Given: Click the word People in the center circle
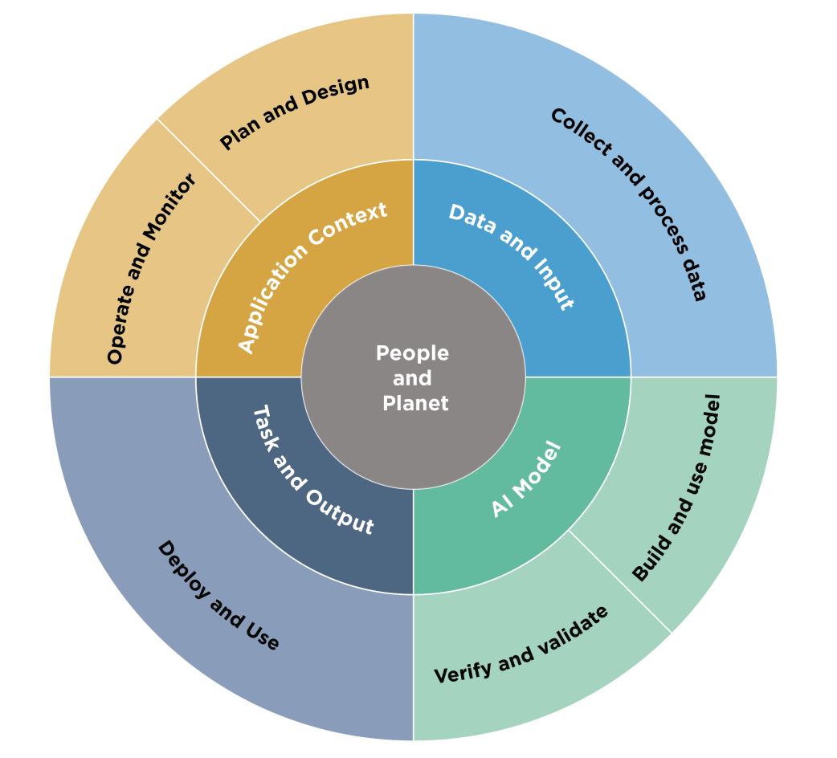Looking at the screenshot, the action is [x=412, y=353].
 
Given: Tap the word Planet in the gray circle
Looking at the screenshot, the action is [x=415, y=403].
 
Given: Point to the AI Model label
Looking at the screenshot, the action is [x=526, y=479].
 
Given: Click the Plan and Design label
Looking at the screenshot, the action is [x=294, y=112].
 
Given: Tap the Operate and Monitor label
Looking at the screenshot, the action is [x=151, y=269].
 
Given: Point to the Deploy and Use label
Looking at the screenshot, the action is [x=217, y=595].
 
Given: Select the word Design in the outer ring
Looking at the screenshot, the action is [x=336, y=92].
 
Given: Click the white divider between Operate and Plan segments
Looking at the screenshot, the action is [x=209, y=171].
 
